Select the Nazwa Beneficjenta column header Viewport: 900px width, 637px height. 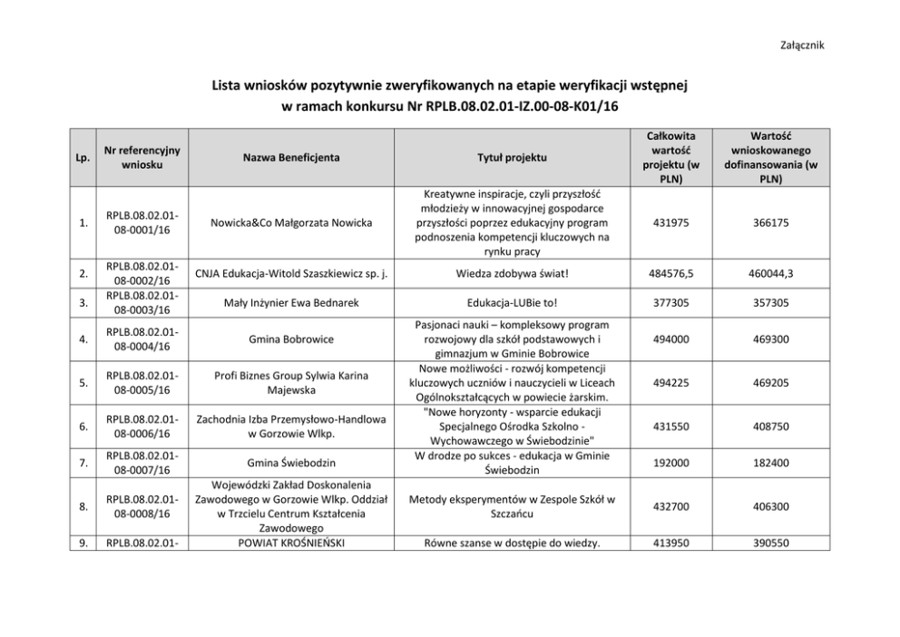[x=291, y=157]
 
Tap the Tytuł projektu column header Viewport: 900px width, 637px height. [x=512, y=157]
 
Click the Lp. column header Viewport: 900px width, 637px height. [x=83, y=158]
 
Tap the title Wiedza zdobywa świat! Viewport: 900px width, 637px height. [x=512, y=273]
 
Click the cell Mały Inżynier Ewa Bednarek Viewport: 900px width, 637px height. [x=291, y=303]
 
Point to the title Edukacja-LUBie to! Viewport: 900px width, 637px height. [x=512, y=303]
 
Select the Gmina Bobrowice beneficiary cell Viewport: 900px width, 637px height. [x=291, y=339]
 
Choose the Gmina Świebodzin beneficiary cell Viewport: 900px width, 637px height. [x=291, y=463]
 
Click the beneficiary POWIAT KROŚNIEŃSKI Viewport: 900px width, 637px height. [x=291, y=544]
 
